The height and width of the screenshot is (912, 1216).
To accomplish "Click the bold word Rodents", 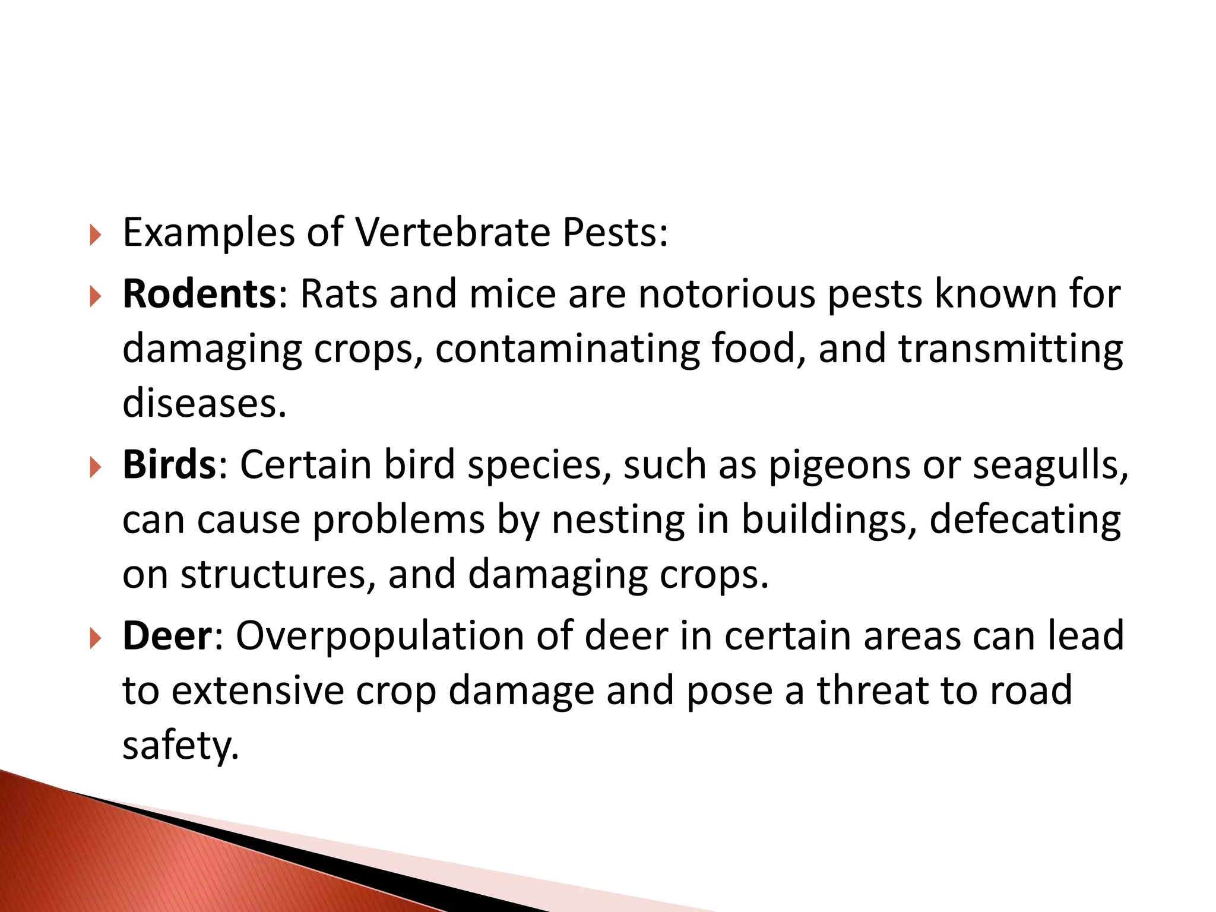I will (x=199, y=294).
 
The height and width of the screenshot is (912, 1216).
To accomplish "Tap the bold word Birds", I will (x=169, y=465).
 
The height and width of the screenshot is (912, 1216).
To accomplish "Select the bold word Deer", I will (x=167, y=636).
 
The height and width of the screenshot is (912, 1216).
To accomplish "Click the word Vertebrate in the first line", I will (x=453, y=232).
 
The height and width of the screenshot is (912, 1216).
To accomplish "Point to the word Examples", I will (x=208, y=233).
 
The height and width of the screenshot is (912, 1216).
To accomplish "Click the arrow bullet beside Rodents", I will (x=96, y=296).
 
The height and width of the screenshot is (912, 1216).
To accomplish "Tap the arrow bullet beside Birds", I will (x=96, y=467).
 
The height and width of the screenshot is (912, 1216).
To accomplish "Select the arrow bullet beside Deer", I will (x=96, y=638).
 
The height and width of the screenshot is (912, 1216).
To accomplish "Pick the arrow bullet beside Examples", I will (x=96, y=235).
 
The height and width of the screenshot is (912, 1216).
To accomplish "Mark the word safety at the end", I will (x=180, y=746).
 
